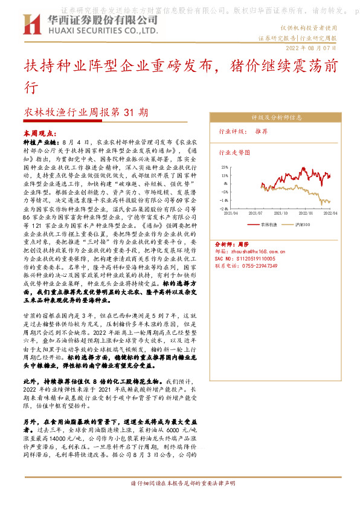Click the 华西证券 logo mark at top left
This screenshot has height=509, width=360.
(x=31, y=24)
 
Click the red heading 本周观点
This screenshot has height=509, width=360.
(x=37, y=131)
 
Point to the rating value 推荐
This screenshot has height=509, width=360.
(x=262, y=131)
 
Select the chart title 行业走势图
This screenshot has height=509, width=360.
(x=233, y=154)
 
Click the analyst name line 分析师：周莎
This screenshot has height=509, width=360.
(x=236, y=240)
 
